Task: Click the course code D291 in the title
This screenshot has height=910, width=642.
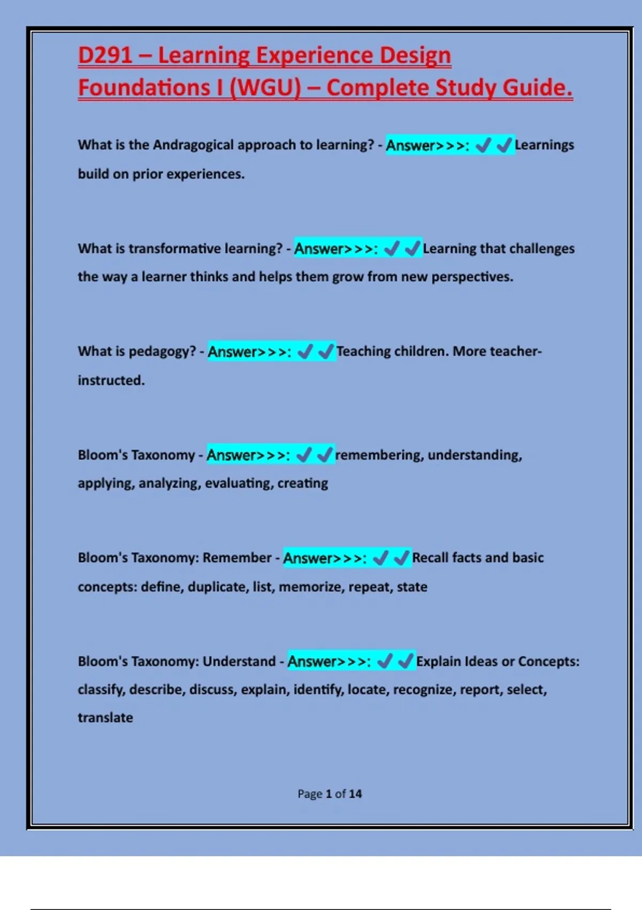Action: [105, 55]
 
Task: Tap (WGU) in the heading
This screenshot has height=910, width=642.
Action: [265, 88]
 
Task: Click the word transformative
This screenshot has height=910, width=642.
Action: [174, 248]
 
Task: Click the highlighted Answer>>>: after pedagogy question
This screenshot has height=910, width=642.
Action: [249, 352]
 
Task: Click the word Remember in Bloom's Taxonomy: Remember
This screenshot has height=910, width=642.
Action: [237, 558]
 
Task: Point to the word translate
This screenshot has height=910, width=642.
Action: [105, 718]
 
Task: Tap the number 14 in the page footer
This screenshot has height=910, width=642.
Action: [355, 794]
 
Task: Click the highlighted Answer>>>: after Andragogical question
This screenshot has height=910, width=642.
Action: [427, 145]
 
